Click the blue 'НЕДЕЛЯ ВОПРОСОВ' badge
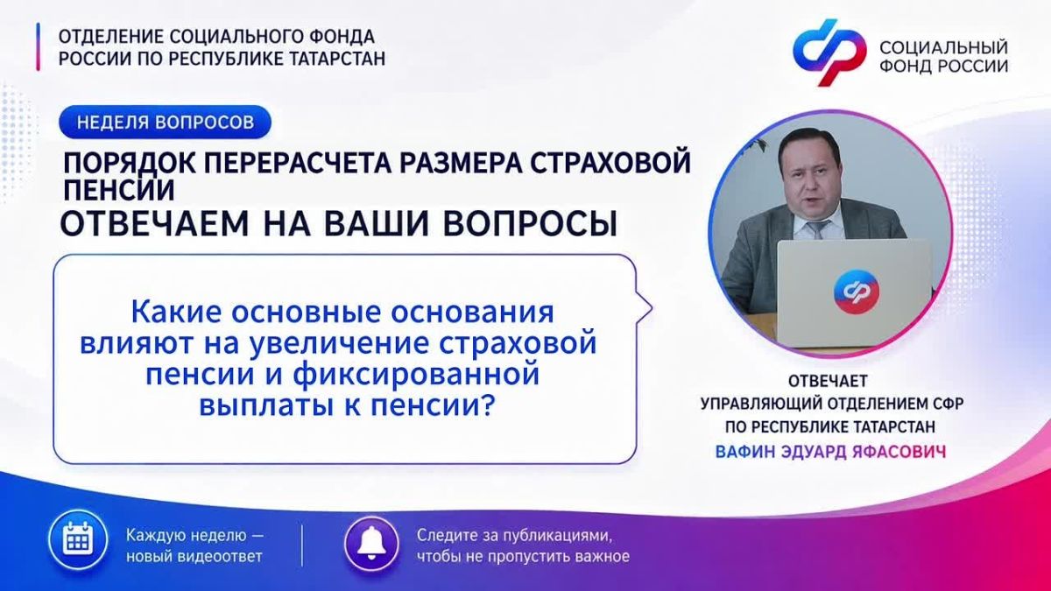tap(166, 122)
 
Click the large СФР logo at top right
tap(829, 53)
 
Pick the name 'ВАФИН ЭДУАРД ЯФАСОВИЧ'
tap(830, 452)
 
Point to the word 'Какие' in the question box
tap(175, 313)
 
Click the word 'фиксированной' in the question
tap(416, 375)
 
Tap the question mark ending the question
tap(489, 405)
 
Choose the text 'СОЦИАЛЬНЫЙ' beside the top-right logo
tap(943, 47)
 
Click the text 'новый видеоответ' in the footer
tap(194, 557)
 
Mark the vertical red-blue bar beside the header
tap(38, 47)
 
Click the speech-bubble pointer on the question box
tap(645, 309)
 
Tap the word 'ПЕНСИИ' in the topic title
tap(119, 191)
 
